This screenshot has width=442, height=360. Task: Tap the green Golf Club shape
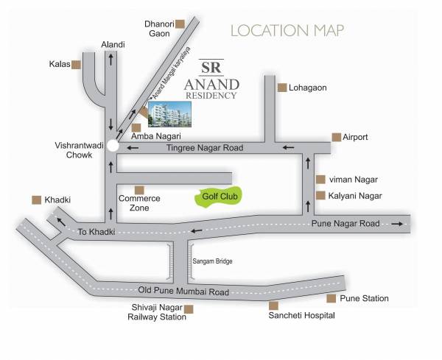[x=222, y=197]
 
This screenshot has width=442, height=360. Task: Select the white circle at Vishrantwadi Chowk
[x=111, y=146]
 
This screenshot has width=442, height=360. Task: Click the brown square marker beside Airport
[x=336, y=137]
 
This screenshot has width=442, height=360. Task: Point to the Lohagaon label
[x=309, y=88]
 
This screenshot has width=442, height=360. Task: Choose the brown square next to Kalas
[x=76, y=65]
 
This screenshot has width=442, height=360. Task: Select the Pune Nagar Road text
[x=345, y=223]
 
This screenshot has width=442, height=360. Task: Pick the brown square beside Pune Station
[x=331, y=298]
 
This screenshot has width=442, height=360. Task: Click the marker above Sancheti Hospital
[x=273, y=305]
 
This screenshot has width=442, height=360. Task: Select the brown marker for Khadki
[x=35, y=200]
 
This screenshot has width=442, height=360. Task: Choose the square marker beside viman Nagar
[x=320, y=179]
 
